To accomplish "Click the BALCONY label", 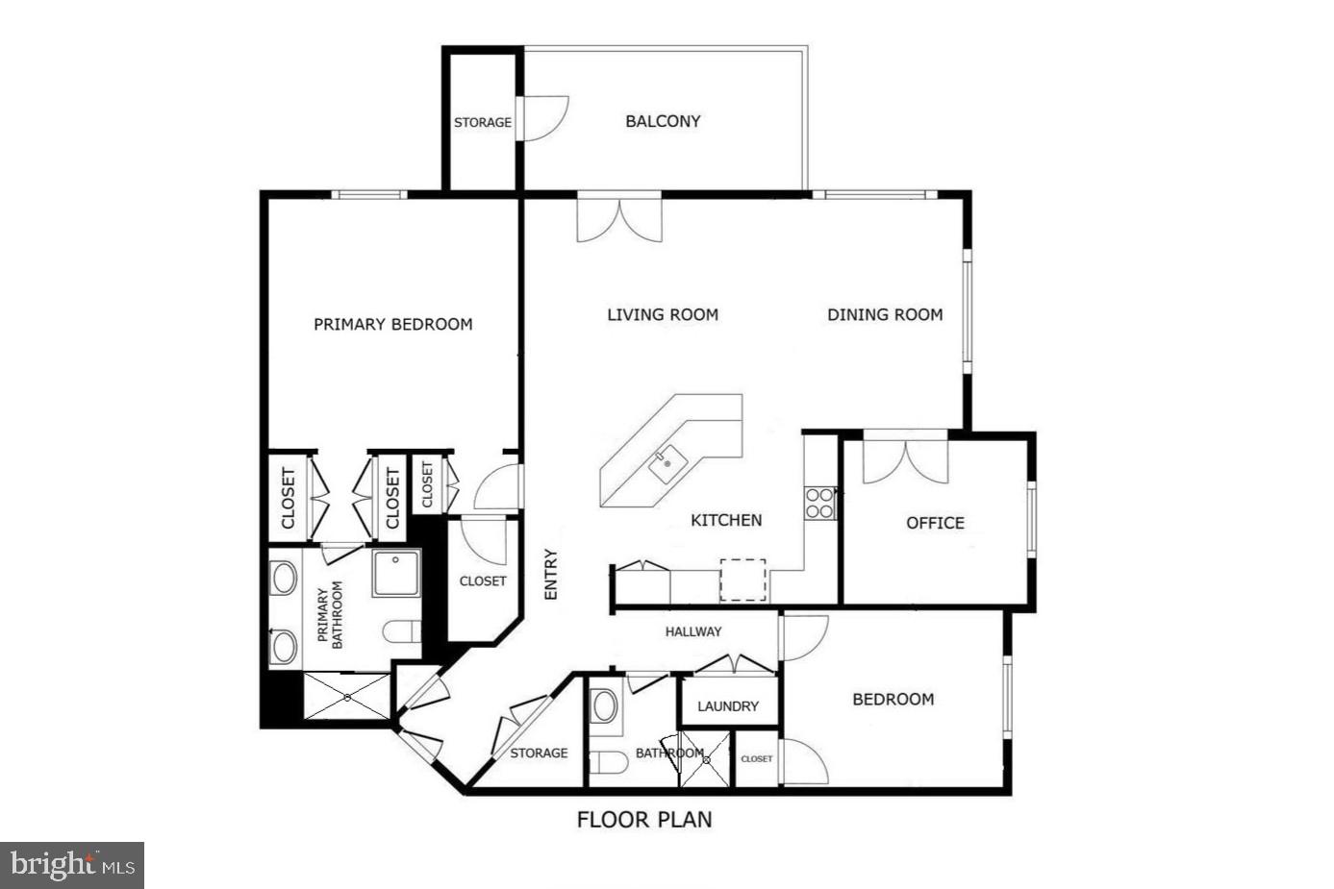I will [663, 121].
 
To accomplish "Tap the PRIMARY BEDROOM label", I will [393, 324].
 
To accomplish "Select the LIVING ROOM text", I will [663, 314].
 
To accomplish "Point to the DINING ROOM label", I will [885, 314].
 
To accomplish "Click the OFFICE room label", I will [935, 523].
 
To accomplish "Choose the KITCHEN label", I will [726, 520].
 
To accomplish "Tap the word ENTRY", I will [551, 575].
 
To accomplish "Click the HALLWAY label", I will [693, 631].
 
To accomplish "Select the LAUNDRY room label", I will [728, 706].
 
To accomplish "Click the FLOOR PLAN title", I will [644, 820].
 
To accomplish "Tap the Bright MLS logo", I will [73, 865].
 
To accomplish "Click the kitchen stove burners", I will [819, 504].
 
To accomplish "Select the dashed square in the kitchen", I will [743, 580].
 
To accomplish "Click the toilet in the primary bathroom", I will [403, 631].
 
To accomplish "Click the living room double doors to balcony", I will [619, 219].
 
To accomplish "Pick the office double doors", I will [905, 460].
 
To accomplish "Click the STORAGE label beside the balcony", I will [483, 123].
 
